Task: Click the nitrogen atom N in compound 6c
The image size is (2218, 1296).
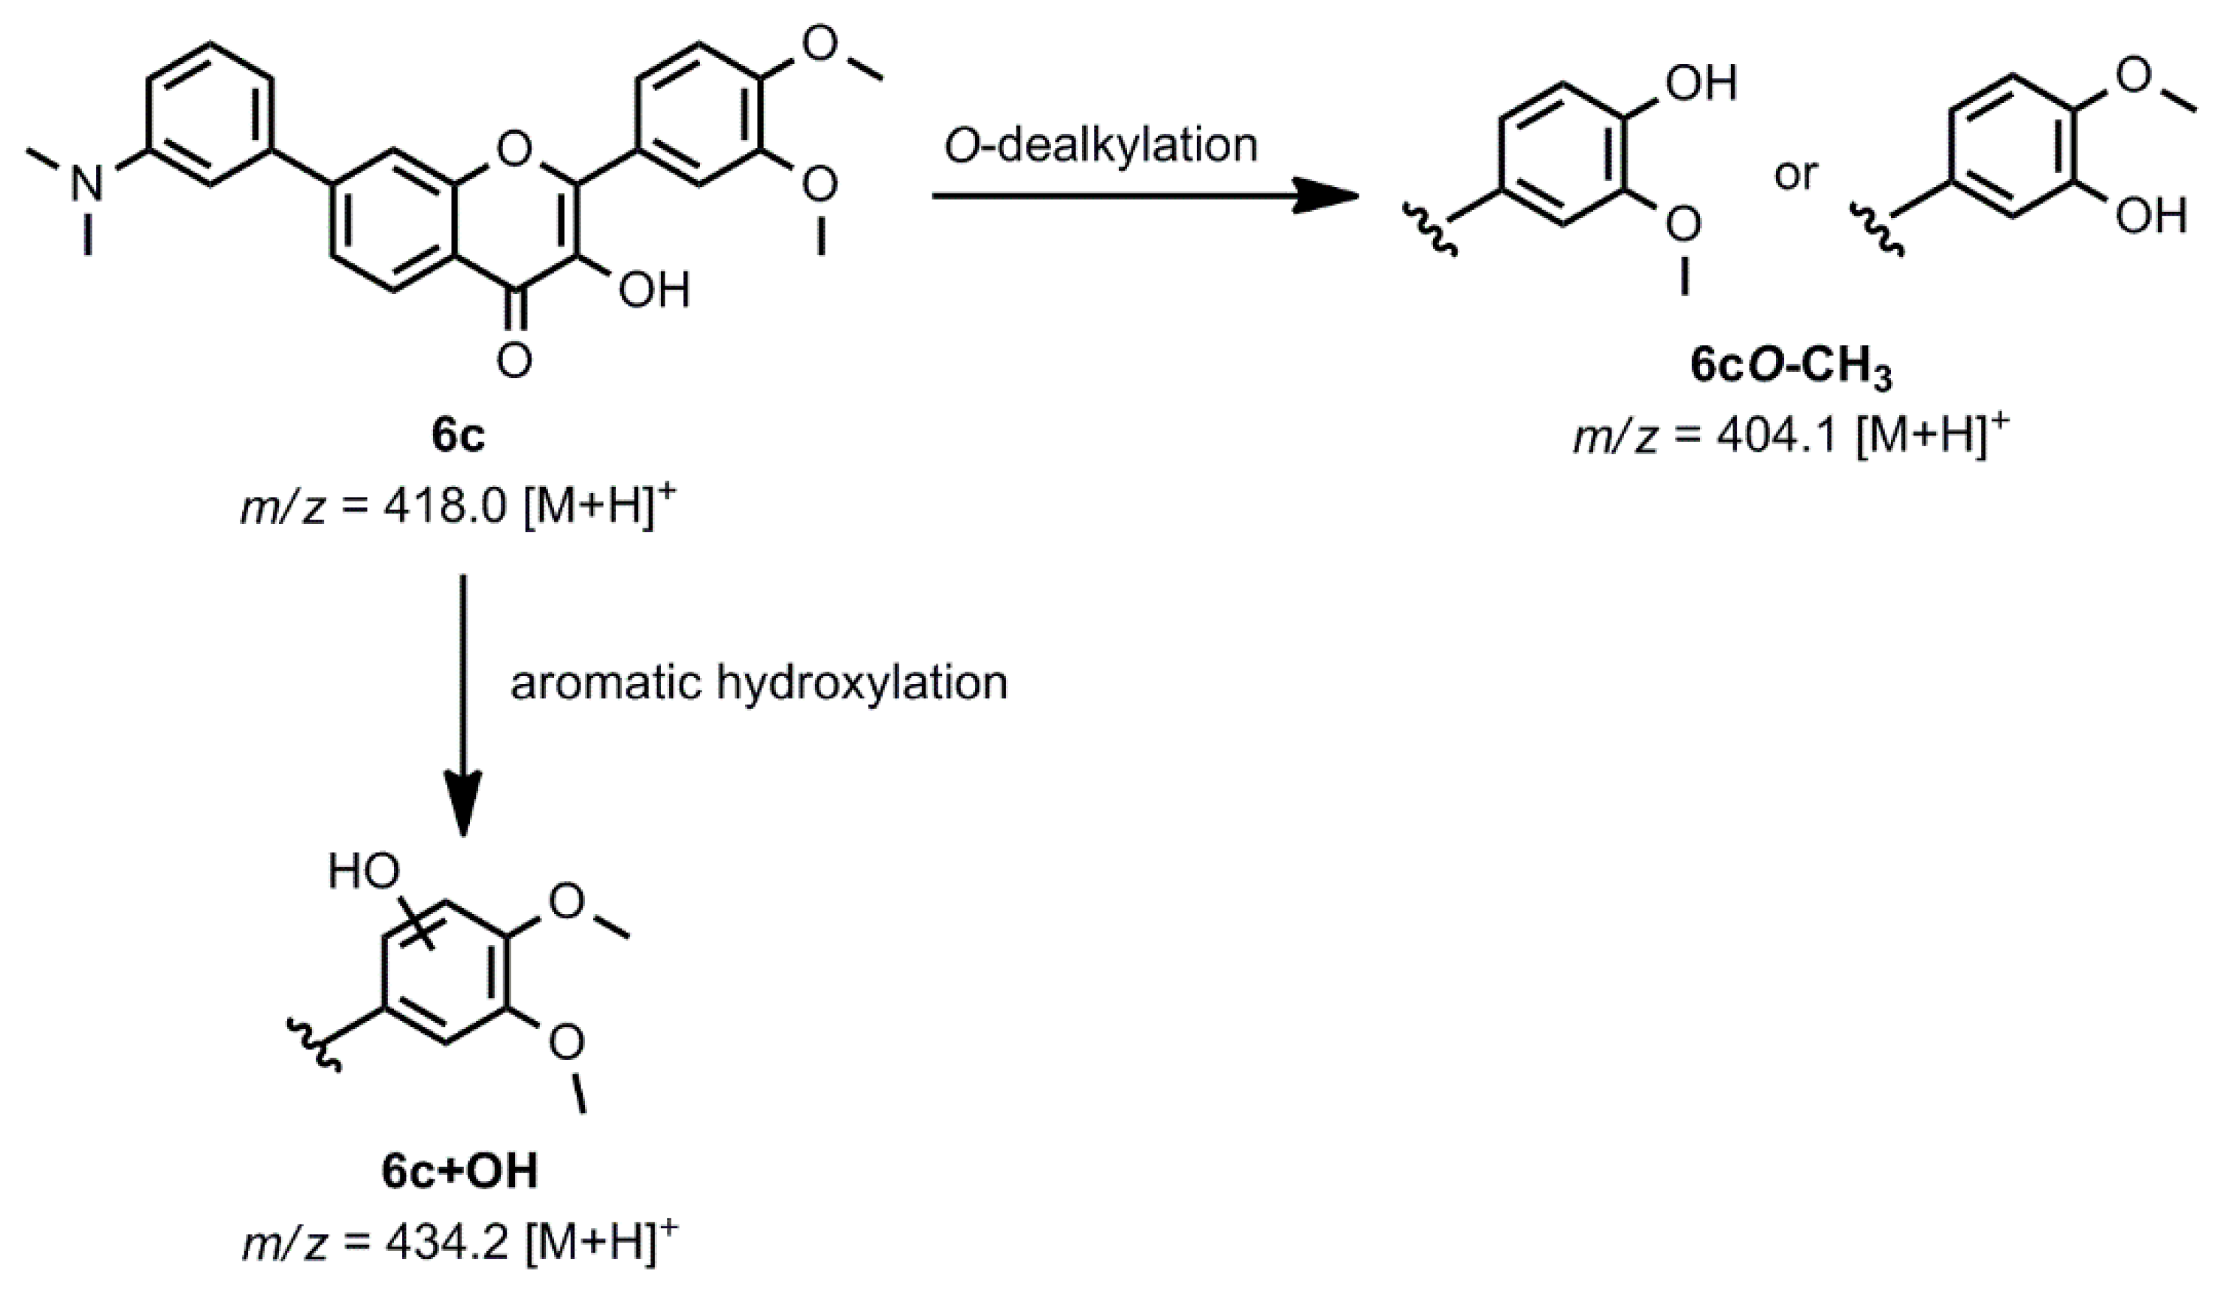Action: coord(87,185)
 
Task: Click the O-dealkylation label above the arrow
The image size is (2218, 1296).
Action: coord(1101,145)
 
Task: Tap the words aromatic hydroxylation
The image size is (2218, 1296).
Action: coord(759,683)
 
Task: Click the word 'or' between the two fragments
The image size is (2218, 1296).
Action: coord(1795,175)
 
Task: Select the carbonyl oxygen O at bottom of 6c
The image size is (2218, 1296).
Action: coord(514,361)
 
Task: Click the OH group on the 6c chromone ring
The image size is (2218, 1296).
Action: coord(653,290)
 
